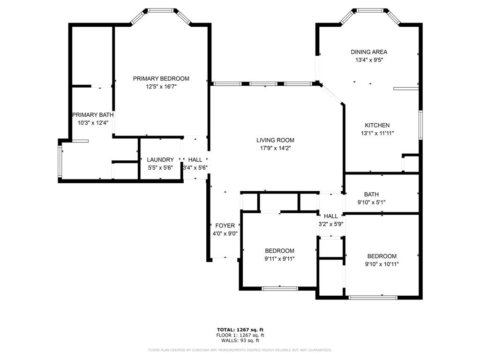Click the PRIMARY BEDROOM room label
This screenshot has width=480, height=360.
(x=161, y=79)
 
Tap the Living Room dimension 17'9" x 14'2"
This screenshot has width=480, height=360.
(x=275, y=148)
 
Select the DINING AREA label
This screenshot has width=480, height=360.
(x=369, y=52)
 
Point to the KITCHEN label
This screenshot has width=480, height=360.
(x=377, y=125)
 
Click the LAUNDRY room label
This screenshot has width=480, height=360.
(x=160, y=160)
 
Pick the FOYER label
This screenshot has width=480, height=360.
(x=225, y=225)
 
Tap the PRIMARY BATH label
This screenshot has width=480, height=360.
(x=93, y=115)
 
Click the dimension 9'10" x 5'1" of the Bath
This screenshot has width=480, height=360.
(x=371, y=202)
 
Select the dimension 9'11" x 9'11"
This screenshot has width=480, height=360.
(x=279, y=259)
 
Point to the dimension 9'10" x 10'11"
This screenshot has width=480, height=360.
(x=382, y=264)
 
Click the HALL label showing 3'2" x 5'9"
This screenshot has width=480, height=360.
(x=331, y=216)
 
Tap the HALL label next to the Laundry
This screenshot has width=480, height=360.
(x=195, y=160)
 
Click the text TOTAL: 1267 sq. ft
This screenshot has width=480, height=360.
(x=240, y=330)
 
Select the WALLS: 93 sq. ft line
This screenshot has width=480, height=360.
(x=240, y=340)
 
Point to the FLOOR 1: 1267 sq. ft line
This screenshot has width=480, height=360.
(x=240, y=335)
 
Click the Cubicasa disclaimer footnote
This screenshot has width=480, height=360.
(x=240, y=350)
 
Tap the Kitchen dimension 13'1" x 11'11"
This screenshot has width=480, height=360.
(x=377, y=133)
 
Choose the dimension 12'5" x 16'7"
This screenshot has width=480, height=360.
(x=161, y=87)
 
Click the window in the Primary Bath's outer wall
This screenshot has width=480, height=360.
(x=60, y=161)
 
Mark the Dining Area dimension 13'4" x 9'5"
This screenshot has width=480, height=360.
(x=369, y=60)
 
